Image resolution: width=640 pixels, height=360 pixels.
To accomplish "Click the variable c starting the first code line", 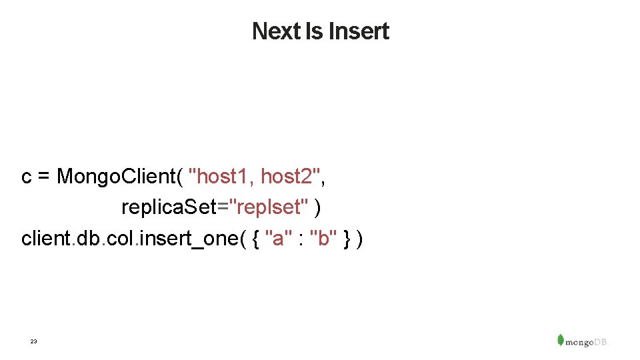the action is coord(27,177).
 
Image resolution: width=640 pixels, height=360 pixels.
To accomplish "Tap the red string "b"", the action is coord(324,238).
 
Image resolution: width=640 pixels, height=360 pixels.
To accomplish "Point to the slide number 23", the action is coord(33,341).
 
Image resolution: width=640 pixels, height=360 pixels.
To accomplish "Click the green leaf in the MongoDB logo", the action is coord(561,339).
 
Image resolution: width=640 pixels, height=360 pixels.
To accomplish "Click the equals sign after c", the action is coord(44,177).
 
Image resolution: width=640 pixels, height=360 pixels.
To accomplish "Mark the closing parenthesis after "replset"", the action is coord(317,208).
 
